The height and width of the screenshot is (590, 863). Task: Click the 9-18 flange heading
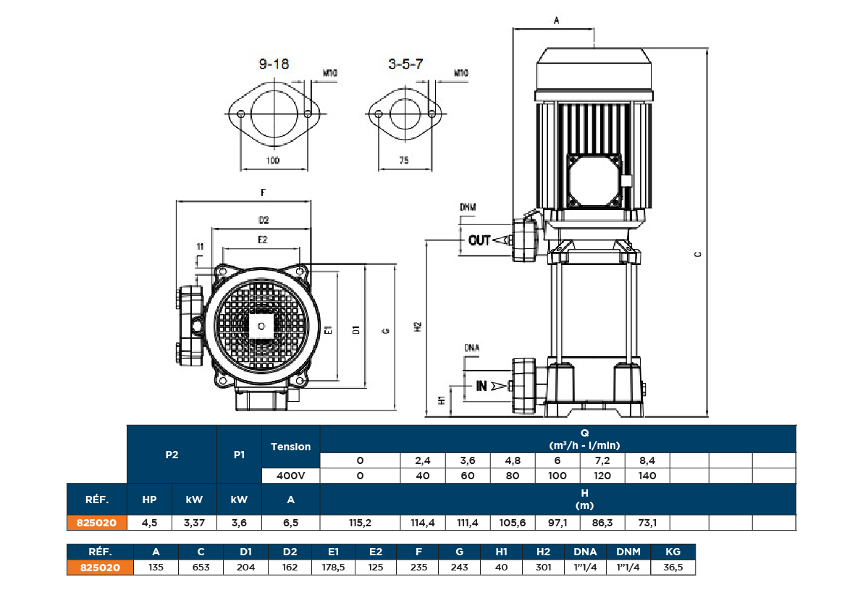pyautogui.click(x=274, y=64)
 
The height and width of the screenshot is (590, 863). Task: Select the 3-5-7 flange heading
pyautogui.click(x=405, y=64)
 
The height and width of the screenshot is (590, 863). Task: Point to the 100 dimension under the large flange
pyautogui.click(x=273, y=161)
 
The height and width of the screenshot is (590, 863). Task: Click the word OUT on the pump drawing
pyautogui.click(x=479, y=240)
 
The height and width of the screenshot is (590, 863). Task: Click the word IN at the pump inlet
pyautogui.click(x=481, y=387)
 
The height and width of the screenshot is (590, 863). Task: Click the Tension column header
pyautogui.click(x=290, y=447)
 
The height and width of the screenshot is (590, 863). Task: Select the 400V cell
pyautogui.click(x=290, y=476)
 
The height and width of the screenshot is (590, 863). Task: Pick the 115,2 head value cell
pyautogui.click(x=360, y=523)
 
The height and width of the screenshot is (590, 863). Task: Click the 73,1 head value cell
pyautogui.click(x=647, y=523)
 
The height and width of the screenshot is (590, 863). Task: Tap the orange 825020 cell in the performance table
pyautogui.click(x=97, y=523)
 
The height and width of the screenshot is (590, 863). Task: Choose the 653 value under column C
pyautogui.click(x=201, y=568)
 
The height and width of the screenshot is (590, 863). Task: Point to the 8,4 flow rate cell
pyautogui.click(x=647, y=460)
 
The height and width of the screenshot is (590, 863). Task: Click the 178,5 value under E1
pyautogui.click(x=332, y=568)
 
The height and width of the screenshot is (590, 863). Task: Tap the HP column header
pyautogui.click(x=148, y=500)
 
